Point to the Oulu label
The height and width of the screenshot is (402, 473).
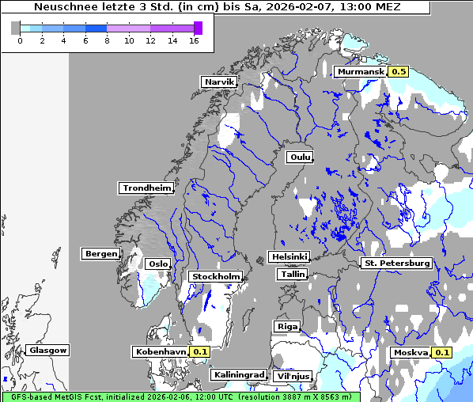[x=300, y=157]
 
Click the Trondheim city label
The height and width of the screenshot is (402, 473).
[x=146, y=188]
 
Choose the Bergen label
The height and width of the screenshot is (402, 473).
[x=100, y=254]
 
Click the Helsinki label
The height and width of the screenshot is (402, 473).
[x=289, y=256]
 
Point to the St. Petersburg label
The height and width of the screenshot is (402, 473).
[x=396, y=263]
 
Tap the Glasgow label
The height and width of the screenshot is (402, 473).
[x=48, y=350]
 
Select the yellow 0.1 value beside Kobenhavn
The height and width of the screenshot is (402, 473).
[x=199, y=351]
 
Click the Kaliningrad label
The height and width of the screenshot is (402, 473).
[x=238, y=374]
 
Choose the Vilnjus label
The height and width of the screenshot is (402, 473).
[x=293, y=376]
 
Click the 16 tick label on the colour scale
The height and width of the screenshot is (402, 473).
[x=194, y=41]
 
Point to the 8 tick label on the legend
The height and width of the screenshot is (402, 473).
[x=107, y=41]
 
